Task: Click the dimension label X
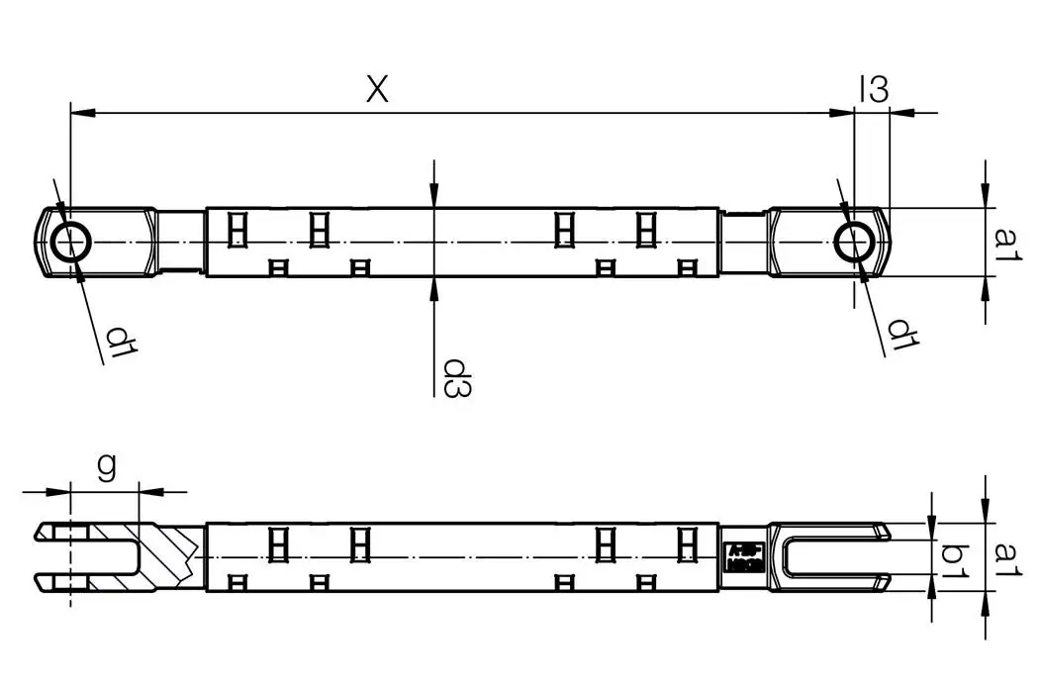[377, 89]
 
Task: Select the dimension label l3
[873, 89]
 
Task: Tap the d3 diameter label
[455, 377]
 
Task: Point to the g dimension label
[106, 465]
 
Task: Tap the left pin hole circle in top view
[71, 242]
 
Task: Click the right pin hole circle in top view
[853, 242]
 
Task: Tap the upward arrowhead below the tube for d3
[433, 285]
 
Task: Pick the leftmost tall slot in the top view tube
[236, 230]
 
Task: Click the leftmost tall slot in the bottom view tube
[278, 544]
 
